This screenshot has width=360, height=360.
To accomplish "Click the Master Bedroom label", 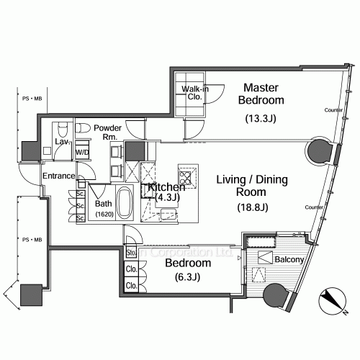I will tap(264, 93).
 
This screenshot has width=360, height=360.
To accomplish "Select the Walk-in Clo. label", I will tap(194, 92).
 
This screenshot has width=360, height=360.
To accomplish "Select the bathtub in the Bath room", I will tap(123, 204).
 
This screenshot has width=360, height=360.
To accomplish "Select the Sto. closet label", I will tap(132, 253).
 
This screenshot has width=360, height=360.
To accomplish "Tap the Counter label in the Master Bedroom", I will tap(332, 109).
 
